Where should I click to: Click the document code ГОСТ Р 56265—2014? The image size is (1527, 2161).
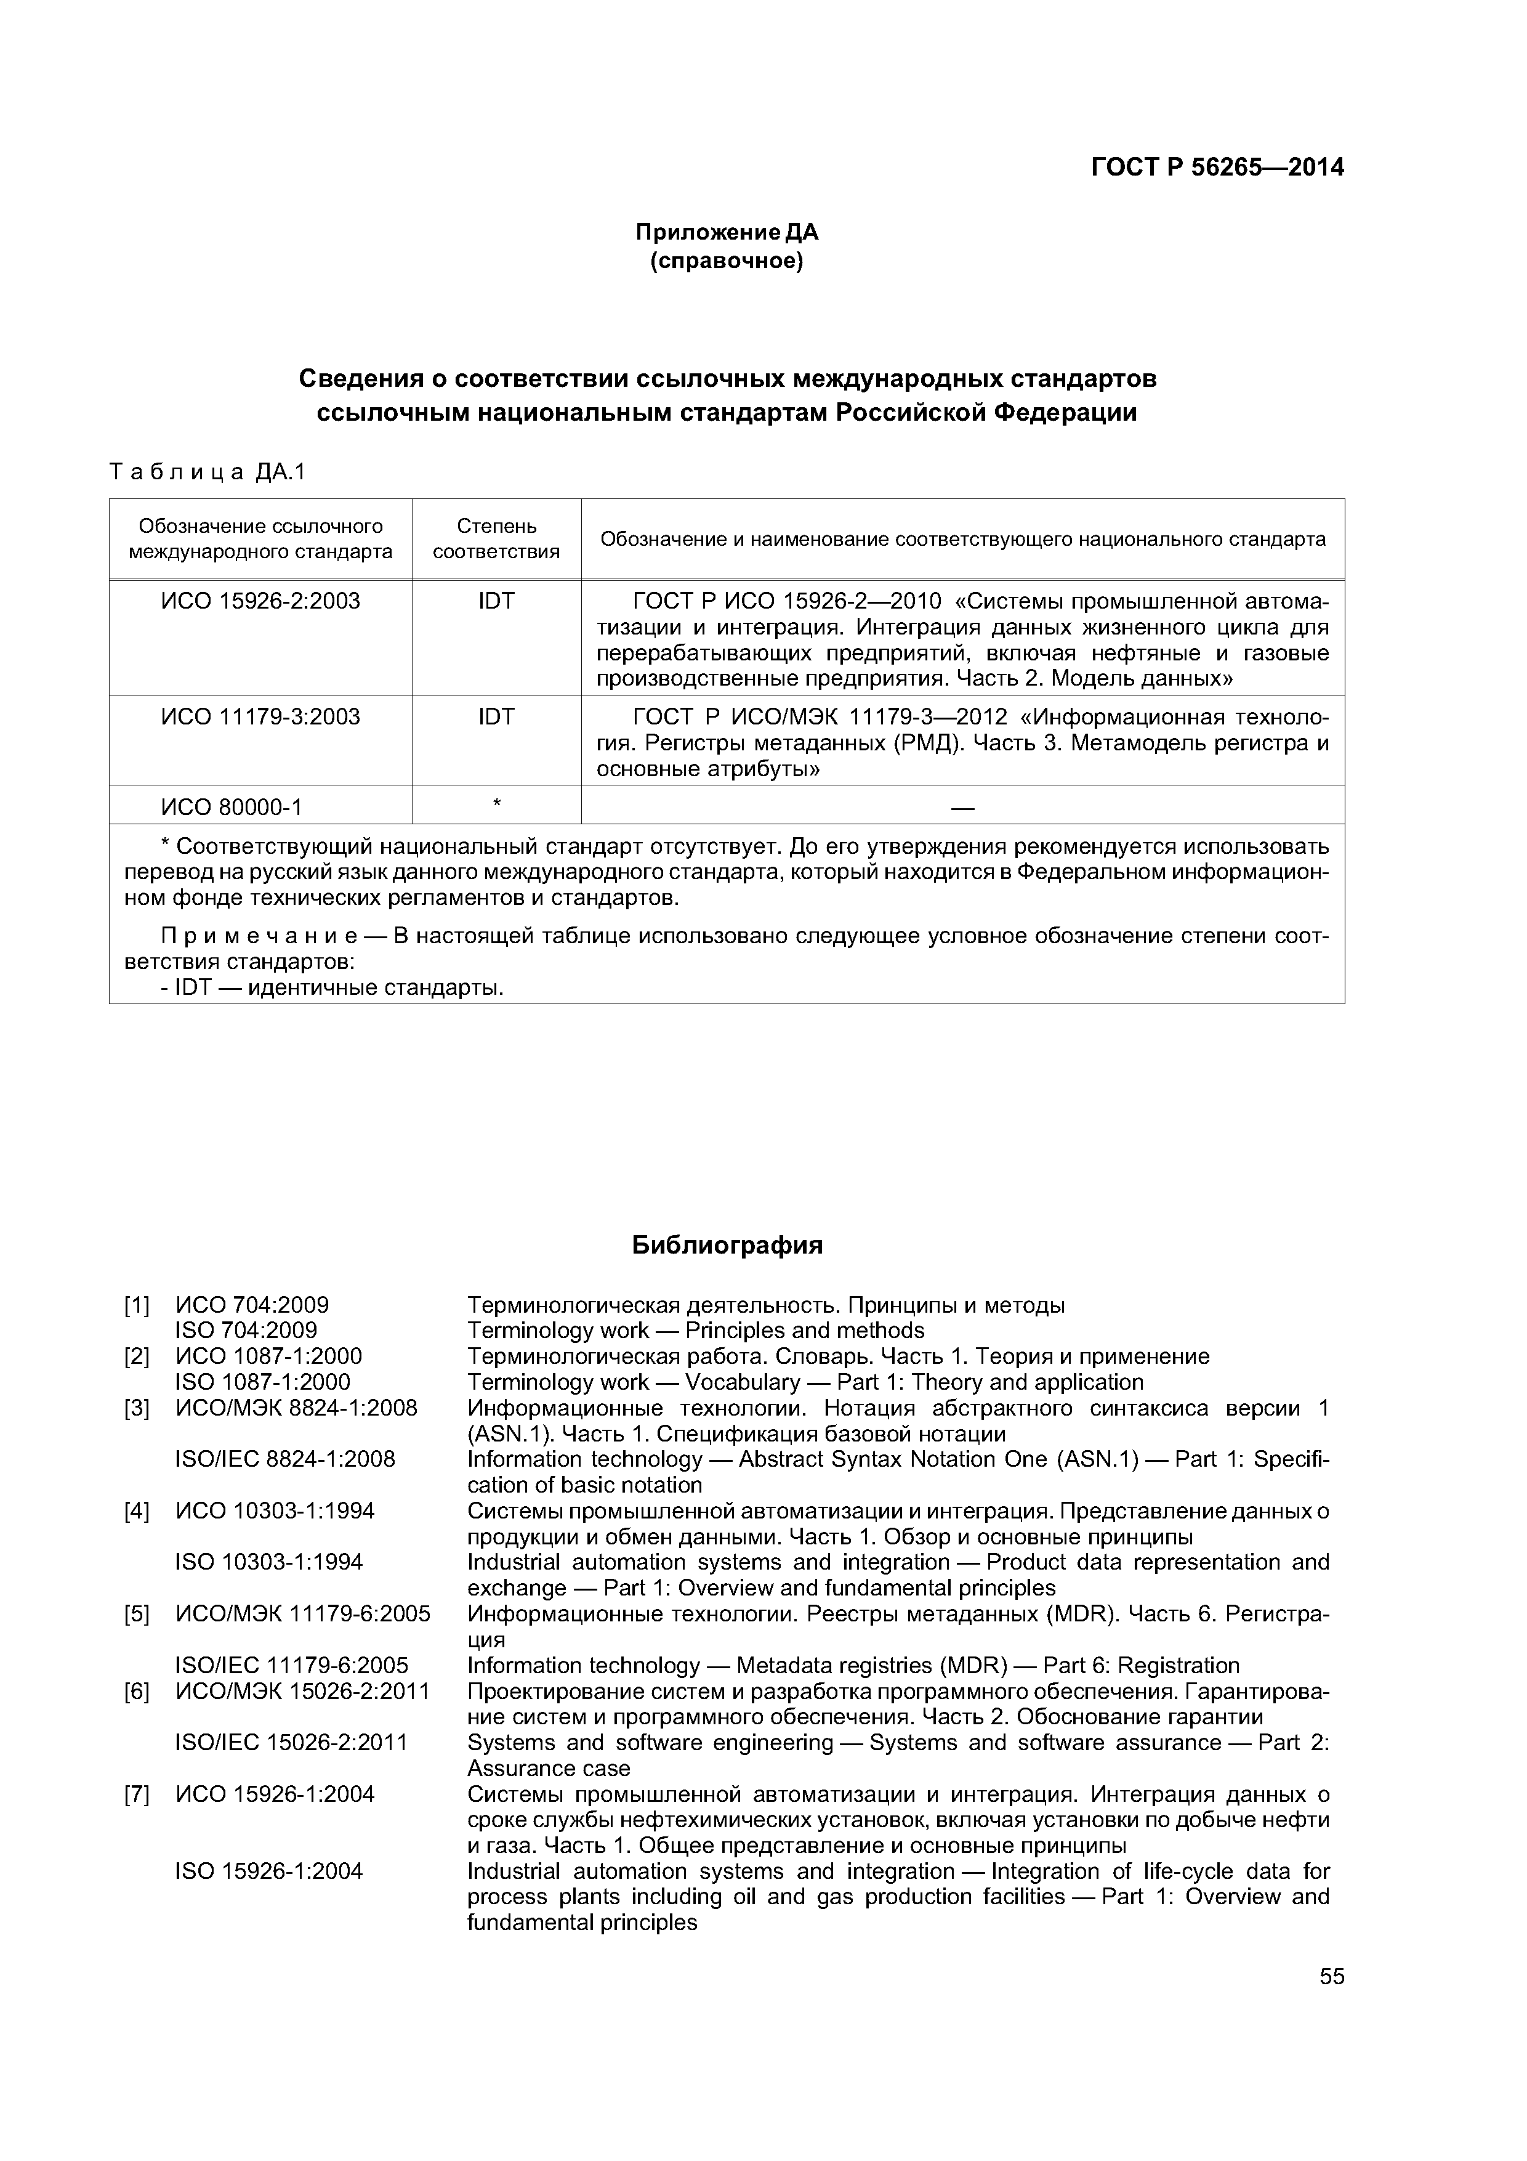tap(1217, 168)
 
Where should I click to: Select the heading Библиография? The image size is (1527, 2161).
tap(727, 1245)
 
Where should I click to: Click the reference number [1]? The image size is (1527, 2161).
tap(137, 1305)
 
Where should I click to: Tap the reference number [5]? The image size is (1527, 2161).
tap(137, 1614)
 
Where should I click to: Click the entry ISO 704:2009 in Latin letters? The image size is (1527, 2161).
tap(246, 1331)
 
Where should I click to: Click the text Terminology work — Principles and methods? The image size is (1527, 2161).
tap(695, 1331)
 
